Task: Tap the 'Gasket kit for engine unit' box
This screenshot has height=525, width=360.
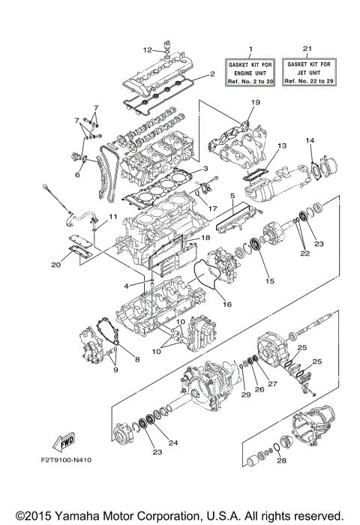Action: coord(250,71)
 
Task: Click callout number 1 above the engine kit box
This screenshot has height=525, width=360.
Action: coord(250,47)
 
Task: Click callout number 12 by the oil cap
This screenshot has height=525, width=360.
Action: coord(148,49)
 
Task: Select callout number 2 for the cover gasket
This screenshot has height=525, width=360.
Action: coord(212,74)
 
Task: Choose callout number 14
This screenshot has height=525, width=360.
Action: coord(310,140)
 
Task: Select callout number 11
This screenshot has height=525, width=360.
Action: coord(115,217)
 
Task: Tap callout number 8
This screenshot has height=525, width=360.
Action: coord(137,360)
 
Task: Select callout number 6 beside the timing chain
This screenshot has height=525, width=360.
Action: coord(76,174)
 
